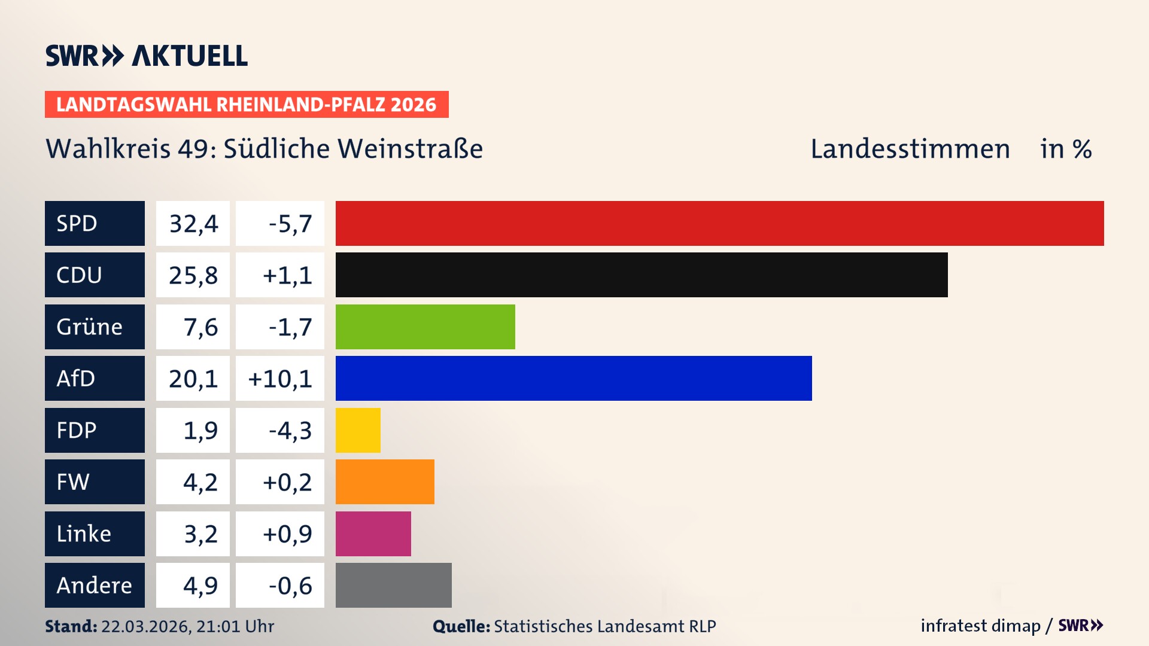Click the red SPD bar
719,223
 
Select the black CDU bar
642,275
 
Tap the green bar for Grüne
425,327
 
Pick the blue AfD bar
573,378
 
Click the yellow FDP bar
358,430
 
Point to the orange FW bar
385,482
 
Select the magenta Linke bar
373,534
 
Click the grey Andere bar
393,585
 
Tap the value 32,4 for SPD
193,224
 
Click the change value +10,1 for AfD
280,379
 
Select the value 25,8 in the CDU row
193,275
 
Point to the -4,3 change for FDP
290,431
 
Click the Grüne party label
90,327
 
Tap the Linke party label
84,534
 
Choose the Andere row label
94,585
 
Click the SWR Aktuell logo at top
147,56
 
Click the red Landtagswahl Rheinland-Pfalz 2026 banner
247,104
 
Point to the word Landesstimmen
910,149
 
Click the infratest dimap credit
980,626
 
